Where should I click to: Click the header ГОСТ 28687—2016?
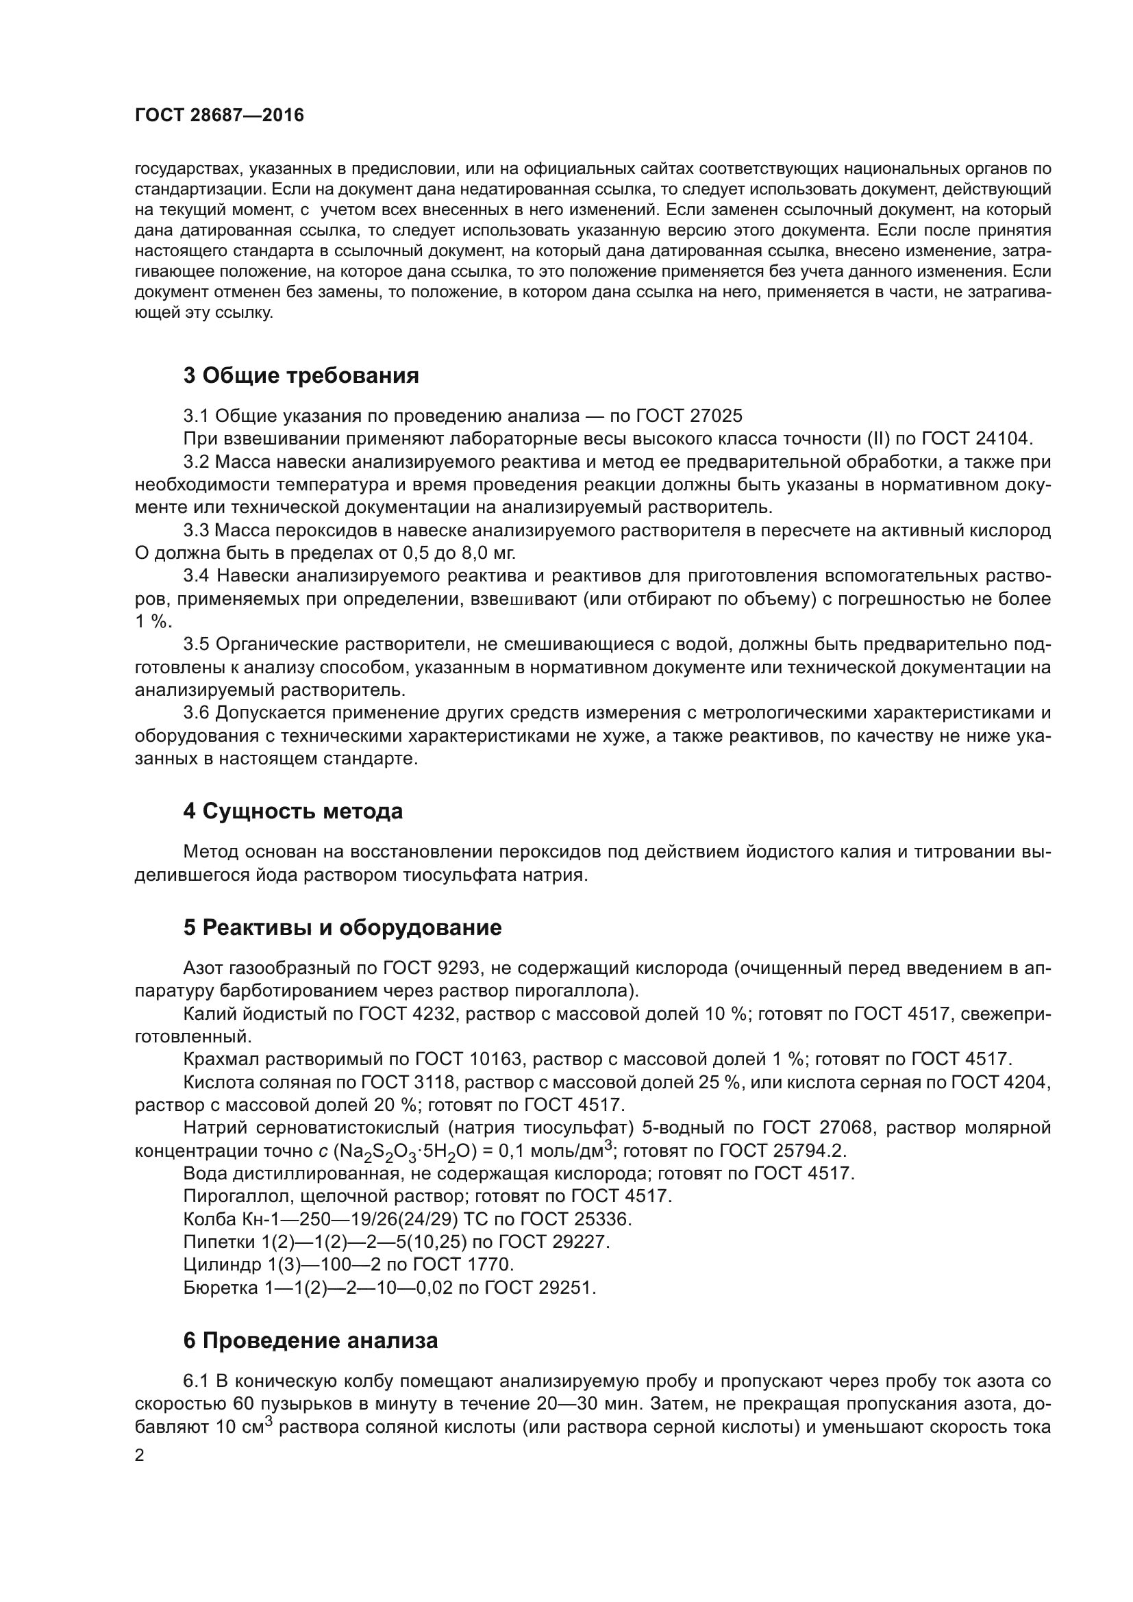(x=219, y=115)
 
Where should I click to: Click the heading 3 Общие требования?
(x=301, y=375)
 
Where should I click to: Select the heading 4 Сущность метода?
(x=292, y=811)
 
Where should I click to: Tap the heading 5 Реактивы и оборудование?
(x=342, y=927)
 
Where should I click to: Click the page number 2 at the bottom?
(x=140, y=1456)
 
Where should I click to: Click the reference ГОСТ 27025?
(x=689, y=416)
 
